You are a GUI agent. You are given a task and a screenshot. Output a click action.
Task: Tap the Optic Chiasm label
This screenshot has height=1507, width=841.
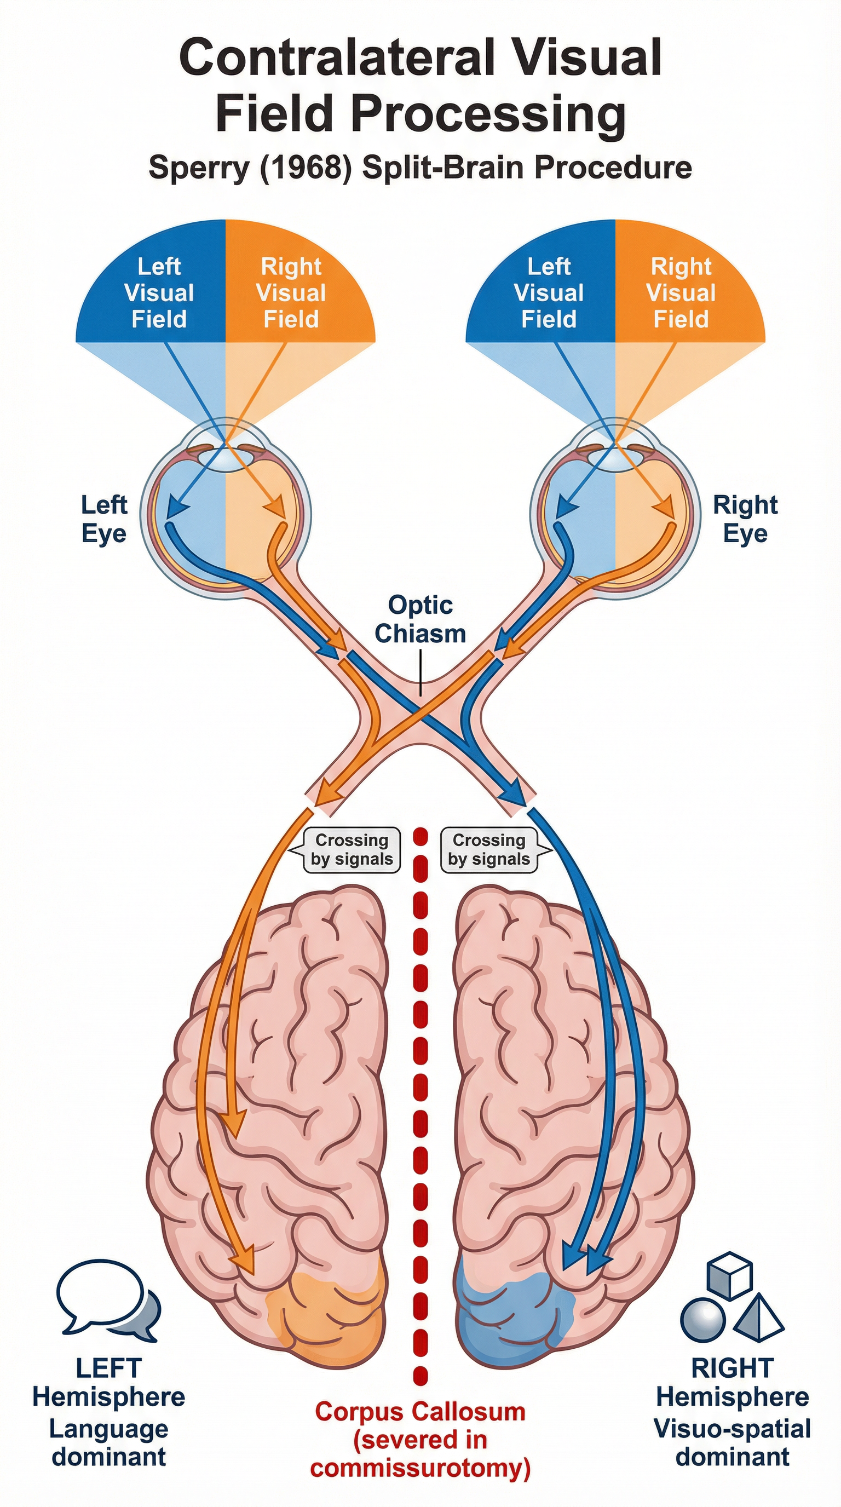tap(420, 619)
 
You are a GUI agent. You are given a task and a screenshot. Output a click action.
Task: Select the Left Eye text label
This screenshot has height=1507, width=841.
tap(103, 519)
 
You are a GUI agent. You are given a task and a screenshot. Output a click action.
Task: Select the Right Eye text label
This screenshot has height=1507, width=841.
tap(745, 519)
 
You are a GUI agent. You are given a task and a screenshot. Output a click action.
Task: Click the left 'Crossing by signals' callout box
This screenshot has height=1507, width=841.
tap(352, 849)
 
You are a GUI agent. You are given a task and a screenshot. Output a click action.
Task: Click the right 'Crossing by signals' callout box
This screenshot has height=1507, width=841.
tap(489, 849)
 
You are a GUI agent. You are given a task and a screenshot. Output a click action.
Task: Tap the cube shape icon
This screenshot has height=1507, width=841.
tap(729, 1276)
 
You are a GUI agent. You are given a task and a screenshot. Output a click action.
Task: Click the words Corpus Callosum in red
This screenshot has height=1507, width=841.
tap(420, 1412)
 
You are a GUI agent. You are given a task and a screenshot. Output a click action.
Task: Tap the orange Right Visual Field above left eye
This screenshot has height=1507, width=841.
tap(291, 292)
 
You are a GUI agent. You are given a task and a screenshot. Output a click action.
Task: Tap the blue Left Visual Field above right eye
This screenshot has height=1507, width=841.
tap(549, 292)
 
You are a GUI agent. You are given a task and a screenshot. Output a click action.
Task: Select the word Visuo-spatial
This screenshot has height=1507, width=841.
tap(731, 1428)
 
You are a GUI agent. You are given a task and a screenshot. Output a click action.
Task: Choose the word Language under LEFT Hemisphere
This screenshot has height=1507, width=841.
tap(109, 1428)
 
